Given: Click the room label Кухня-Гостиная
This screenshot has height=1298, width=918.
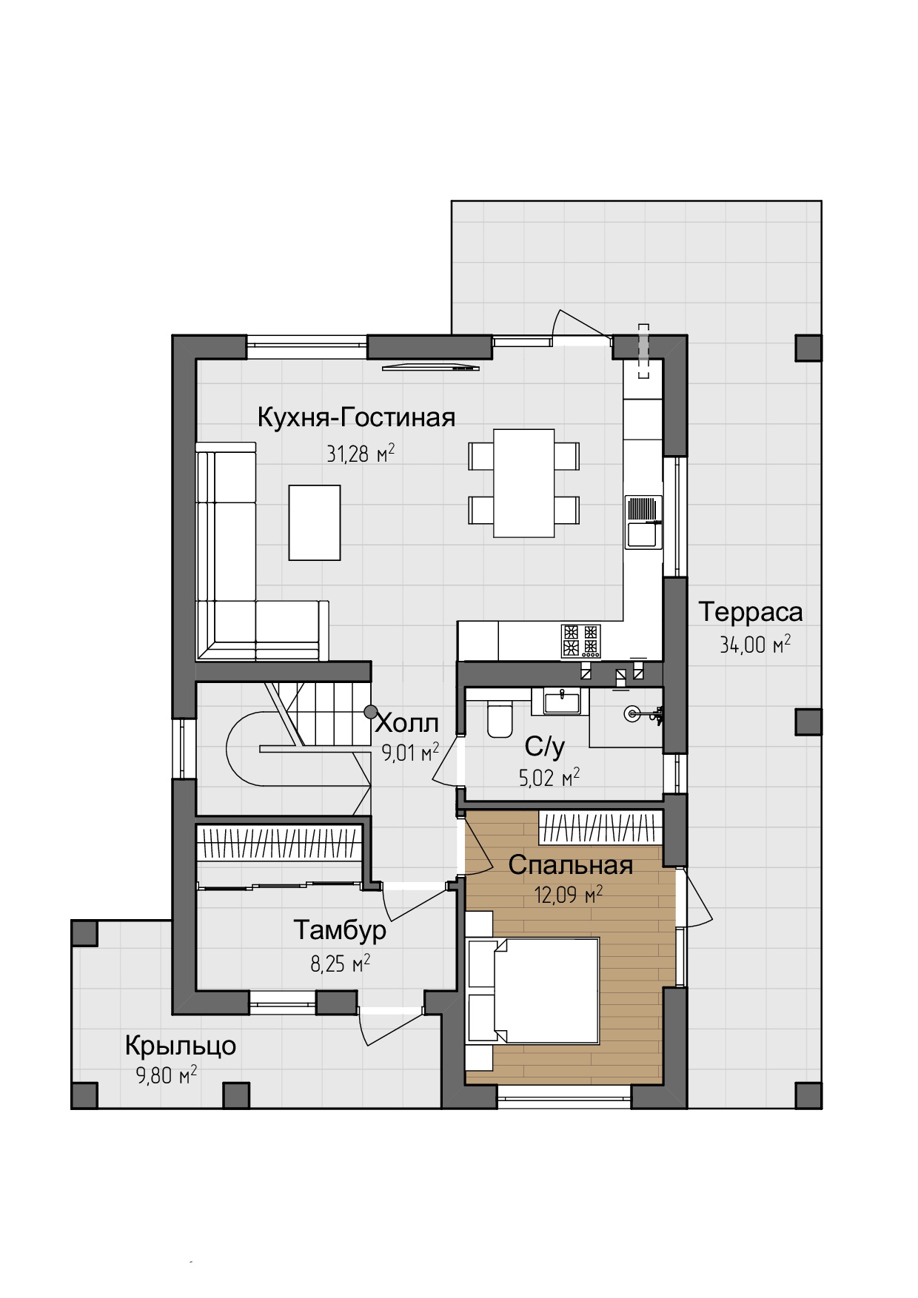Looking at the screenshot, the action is pos(356,418).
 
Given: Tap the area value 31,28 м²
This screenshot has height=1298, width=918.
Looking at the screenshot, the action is pos(361,453).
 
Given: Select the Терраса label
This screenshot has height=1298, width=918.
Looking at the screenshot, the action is pos(750,613).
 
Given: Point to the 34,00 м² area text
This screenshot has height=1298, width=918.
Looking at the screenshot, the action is pos(755,645).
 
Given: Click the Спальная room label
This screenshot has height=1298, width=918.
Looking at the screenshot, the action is pos(570,865).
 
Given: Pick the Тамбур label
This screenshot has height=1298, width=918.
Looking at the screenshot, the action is pos(340,930).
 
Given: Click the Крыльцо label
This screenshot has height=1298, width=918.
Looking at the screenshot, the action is pos(180,1046).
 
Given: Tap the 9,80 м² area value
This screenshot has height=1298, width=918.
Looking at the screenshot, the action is pos(167,1075).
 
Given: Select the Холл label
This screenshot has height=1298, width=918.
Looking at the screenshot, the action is pos(407,722).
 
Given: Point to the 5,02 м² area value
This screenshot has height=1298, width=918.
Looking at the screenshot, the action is pos(549,778).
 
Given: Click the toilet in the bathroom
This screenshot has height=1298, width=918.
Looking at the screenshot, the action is pos(500,719).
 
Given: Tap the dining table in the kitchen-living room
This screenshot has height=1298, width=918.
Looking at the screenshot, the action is pos(524,483).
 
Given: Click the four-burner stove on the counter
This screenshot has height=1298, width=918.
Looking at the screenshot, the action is pos(580,641).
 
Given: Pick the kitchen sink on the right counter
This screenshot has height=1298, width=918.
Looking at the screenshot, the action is pos(643,522).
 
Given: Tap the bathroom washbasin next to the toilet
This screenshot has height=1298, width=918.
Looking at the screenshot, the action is pos(563,701).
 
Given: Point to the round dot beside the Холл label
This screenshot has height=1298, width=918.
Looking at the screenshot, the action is pos(370,711).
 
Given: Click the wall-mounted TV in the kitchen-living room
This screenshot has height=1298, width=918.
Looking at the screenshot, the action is pos(431,367).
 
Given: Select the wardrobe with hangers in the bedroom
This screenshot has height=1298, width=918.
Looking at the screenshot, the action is pos(600,827).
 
